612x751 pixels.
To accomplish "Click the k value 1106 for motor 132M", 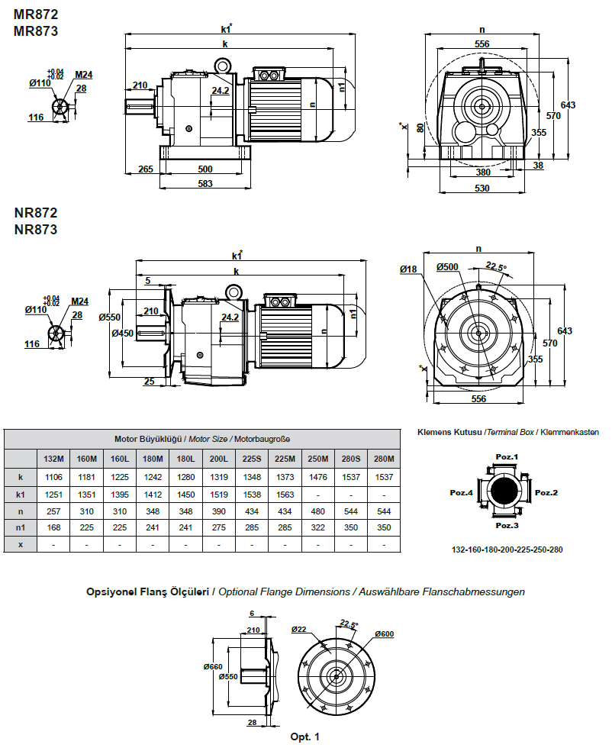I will click(x=54, y=477).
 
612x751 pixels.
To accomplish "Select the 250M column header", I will click(x=317, y=459).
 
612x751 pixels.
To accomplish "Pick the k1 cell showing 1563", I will click(x=285, y=495).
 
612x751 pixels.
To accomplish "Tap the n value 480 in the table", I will click(x=317, y=511).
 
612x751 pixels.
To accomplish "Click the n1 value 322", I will click(x=317, y=528).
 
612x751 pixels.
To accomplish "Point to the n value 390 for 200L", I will click(x=219, y=511).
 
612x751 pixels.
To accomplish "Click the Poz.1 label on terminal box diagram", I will click(x=507, y=457).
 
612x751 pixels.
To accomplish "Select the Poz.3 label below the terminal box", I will click(x=507, y=526).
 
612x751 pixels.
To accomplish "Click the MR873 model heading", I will click(x=36, y=31).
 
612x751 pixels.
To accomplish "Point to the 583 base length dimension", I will click(x=205, y=183).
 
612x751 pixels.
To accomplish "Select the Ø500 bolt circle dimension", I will click(x=447, y=267).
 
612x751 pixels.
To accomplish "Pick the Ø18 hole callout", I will click(x=407, y=269).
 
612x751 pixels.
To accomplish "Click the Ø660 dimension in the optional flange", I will click(x=212, y=666).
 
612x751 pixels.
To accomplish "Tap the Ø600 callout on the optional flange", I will click(x=385, y=634).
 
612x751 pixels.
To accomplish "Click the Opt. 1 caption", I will click(x=305, y=736).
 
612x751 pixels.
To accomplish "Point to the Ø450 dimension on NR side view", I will click(x=122, y=333).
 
